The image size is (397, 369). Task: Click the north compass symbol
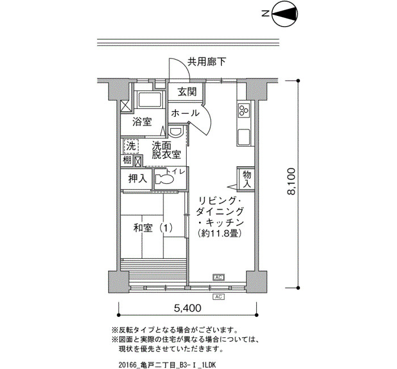coord(285,15)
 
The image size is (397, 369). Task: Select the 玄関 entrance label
coord(187,93)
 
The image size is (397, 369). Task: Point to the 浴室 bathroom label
coord(142,121)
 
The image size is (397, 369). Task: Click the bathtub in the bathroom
coord(151,102)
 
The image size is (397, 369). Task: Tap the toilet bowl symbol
coord(165,178)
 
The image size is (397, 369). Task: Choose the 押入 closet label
coord(137,178)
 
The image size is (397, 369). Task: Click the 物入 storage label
coord(247,179)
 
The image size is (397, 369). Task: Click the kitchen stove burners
coord(245,109)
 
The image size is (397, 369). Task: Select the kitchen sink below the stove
coord(245,137)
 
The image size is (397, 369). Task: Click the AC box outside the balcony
coord(218,296)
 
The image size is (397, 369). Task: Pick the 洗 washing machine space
coord(131,146)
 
